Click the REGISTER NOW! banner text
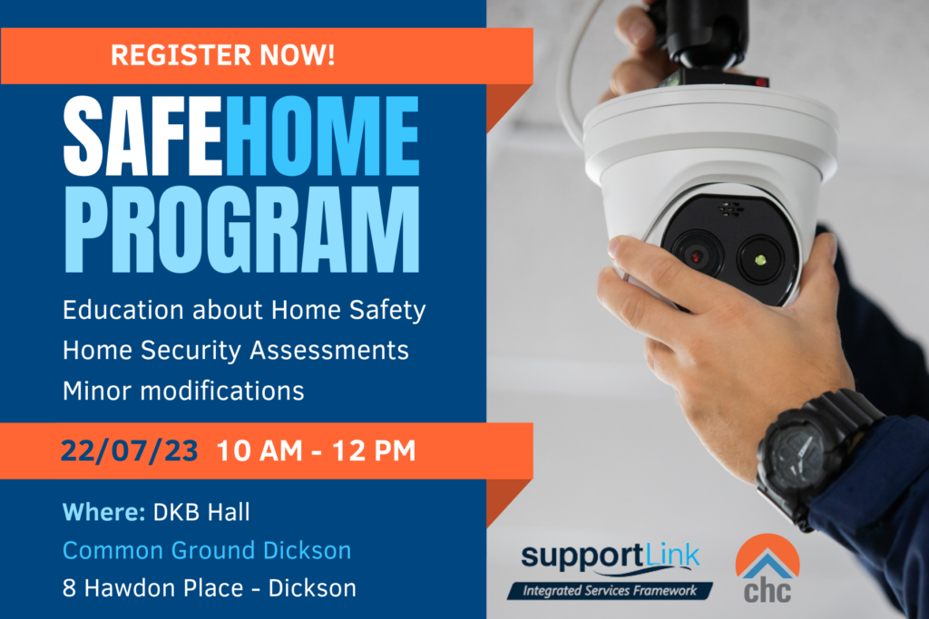point(222,55)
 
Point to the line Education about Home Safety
point(244,310)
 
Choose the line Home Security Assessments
point(235,350)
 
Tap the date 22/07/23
point(129,450)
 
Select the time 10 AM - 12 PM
point(316,450)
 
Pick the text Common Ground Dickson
point(207,550)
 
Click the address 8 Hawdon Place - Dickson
point(210,588)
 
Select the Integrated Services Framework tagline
point(609,591)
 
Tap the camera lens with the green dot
point(760,260)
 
